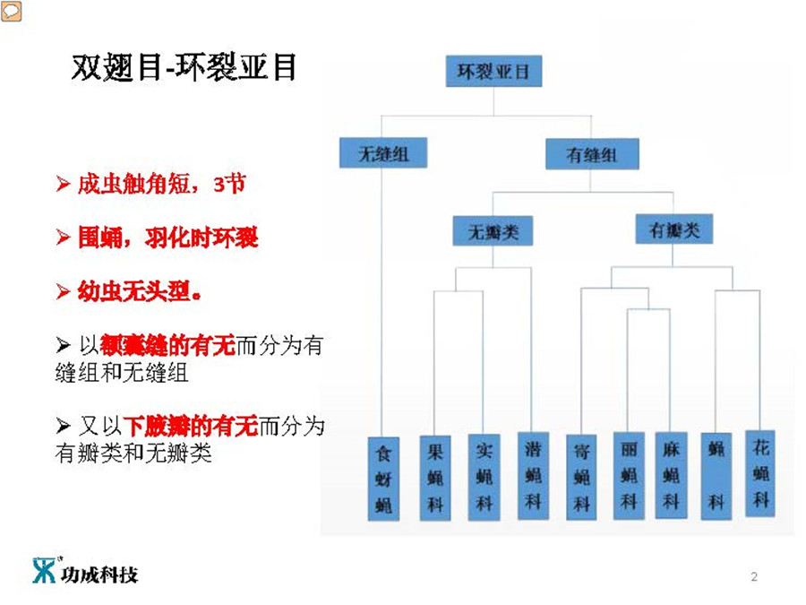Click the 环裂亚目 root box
493,71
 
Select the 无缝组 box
383,153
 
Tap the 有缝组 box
592,154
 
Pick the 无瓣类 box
493,232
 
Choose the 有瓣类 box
673,230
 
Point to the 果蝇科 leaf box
435,477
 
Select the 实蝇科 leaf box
484,476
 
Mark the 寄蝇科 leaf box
581,477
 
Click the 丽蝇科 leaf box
630,476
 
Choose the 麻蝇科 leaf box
672,476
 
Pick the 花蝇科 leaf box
760,472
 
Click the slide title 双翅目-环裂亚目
184,68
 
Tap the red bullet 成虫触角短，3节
150,186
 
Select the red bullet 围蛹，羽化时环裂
157,238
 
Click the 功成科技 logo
86,571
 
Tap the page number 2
754,577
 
